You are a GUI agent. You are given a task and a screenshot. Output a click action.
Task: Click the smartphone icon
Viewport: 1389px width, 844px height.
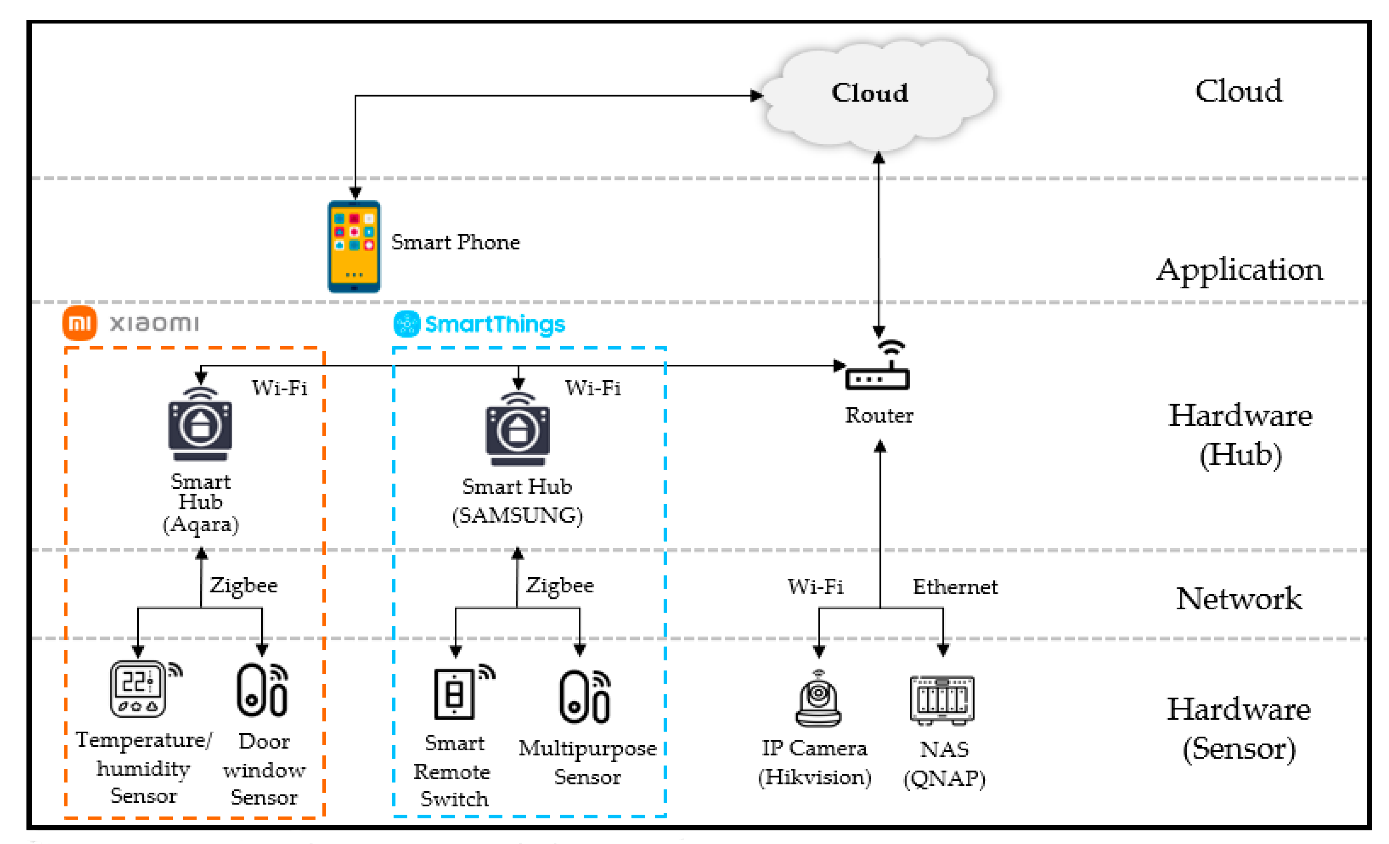point(354,246)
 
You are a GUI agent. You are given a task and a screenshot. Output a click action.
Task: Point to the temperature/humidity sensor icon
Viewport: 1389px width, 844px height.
point(138,689)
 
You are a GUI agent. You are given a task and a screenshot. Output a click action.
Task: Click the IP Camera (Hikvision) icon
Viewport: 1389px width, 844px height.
point(819,699)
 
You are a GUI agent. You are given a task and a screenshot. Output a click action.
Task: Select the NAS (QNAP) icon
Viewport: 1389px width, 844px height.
point(942,700)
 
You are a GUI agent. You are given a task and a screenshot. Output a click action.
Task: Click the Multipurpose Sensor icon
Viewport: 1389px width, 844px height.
point(585,697)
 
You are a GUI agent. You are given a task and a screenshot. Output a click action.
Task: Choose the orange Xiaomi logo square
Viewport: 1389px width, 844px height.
point(79,323)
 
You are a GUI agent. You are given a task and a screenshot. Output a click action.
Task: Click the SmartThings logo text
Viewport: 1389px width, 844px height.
point(494,325)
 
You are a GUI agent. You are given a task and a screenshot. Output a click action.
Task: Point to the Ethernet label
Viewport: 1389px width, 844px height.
point(955,587)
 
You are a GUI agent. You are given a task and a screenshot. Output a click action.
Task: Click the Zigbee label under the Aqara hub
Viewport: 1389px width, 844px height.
point(243,585)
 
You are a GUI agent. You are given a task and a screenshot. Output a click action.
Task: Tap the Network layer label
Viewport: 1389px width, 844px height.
point(1239,598)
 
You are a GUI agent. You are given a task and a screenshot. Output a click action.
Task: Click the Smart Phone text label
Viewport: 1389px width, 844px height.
point(456,242)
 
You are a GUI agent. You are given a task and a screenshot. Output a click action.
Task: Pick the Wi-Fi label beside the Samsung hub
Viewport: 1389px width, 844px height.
point(593,388)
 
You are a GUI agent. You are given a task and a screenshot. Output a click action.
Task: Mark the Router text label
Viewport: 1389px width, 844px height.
point(879,415)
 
